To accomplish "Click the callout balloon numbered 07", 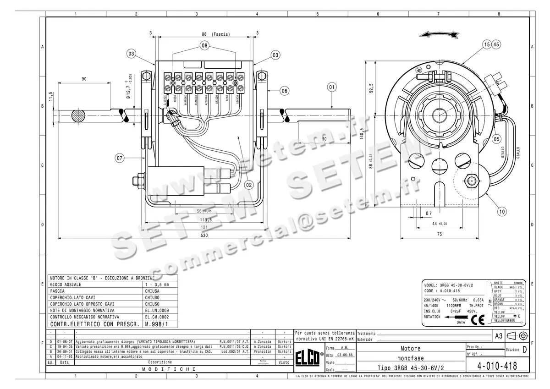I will click(120, 158).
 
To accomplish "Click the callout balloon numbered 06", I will click(284, 91).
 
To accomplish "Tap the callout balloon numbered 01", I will click(332, 86).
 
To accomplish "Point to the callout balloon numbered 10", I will click(502, 211).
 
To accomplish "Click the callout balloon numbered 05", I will click(496, 139).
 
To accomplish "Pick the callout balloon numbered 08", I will click(204, 45).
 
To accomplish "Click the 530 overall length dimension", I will click(204, 236).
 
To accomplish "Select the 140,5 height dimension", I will click(362, 132).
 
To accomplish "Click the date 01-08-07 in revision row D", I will click(65, 342).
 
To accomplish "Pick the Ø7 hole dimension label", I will click(429, 214).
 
